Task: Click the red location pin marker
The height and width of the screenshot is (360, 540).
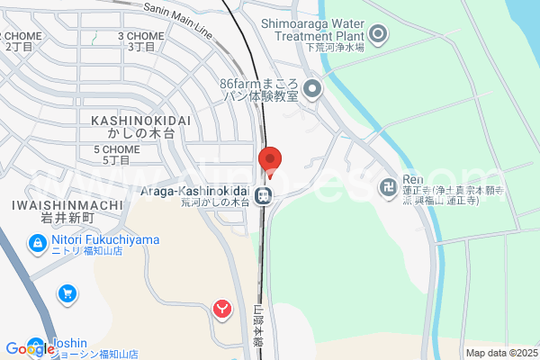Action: point(271,160)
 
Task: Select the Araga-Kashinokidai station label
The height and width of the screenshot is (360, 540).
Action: point(196,190)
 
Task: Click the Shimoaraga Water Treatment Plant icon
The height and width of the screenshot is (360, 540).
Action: point(379,36)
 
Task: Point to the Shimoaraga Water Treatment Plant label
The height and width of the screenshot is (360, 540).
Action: point(313,29)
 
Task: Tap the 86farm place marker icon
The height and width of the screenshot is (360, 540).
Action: point(312,88)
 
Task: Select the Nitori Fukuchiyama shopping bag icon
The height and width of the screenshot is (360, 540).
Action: point(38,242)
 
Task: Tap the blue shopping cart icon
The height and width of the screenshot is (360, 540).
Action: point(67,293)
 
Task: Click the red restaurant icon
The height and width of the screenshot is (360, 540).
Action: point(222,310)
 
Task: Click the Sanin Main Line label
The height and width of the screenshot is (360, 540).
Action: point(178,19)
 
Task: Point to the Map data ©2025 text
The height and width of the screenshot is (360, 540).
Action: point(501,353)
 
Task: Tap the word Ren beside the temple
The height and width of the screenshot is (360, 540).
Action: point(413,179)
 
